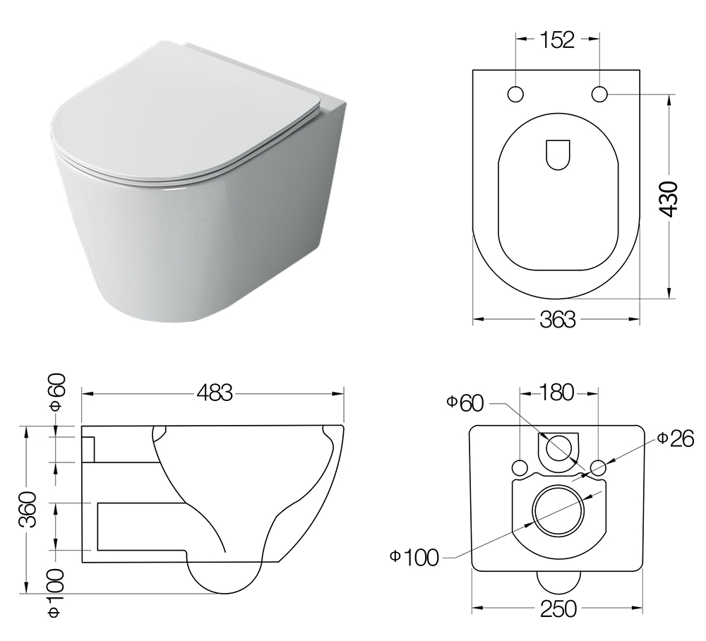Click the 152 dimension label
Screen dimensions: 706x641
click(x=557, y=40)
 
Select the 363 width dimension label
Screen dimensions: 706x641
click(x=558, y=320)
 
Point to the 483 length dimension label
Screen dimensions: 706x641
click(x=215, y=393)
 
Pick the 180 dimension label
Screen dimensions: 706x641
click(x=557, y=393)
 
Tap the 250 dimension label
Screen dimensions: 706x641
click(x=558, y=609)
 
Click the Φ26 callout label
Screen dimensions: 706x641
click(x=675, y=439)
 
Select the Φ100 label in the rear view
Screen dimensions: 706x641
click(x=414, y=558)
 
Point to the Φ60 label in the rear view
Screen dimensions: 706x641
click(x=465, y=403)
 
